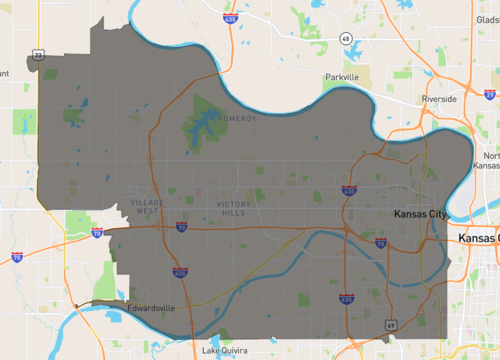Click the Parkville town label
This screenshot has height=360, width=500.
pyautogui.click(x=341, y=77)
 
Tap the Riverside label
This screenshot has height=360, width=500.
pyautogui.click(x=439, y=100)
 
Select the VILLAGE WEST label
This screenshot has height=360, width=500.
pyautogui.click(x=146, y=206)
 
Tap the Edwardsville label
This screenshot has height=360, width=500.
pyautogui.click(x=151, y=307)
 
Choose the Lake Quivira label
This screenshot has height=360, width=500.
pyautogui.click(x=223, y=351)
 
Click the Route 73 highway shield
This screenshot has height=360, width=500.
pyautogui.click(x=38, y=55)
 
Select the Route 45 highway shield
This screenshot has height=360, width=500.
pyautogui.click(x=344, y=37)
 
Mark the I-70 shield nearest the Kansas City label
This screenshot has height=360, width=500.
pyautogui.click(x=380, y=243)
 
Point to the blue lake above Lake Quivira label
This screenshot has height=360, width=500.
pyautogui.click(x=223, y=335)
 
